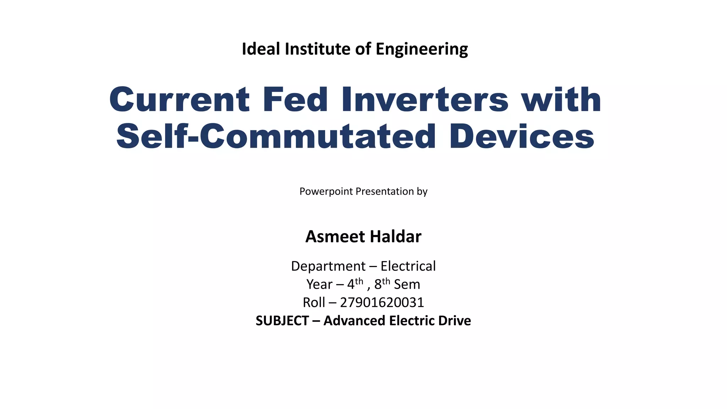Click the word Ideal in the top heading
261,49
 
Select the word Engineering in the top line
422,49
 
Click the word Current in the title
180,100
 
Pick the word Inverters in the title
425,100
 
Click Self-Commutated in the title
276,137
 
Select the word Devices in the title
522,137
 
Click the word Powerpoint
326,191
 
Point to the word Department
328,266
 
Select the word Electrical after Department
408,266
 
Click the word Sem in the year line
407,284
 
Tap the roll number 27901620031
382,302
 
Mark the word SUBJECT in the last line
282,321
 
